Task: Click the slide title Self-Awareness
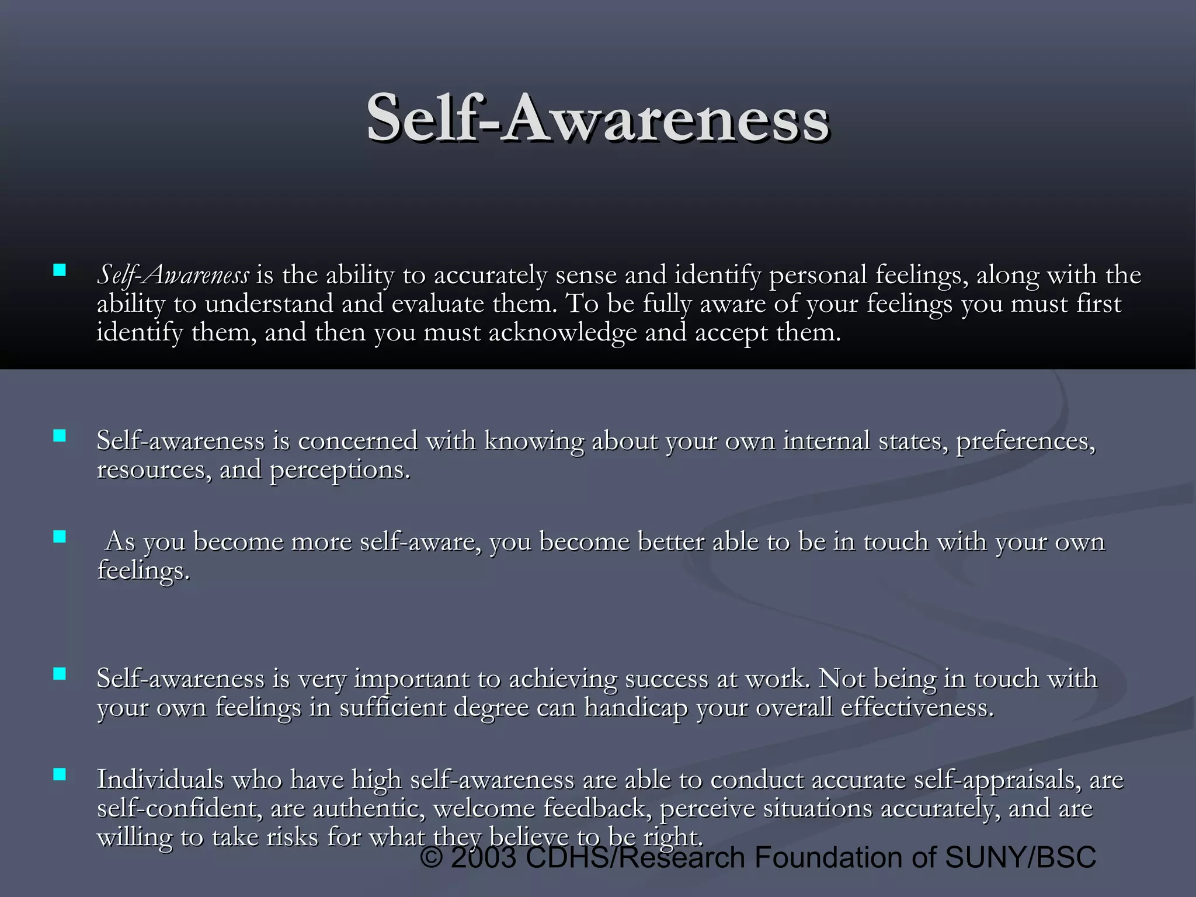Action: (x=597, y=119)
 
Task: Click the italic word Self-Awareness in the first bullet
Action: (x=173, y=275)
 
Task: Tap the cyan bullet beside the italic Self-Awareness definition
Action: (x=59, y=270)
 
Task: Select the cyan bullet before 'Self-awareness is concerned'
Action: (x=59, y=436)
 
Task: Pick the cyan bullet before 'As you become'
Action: (x=59, y=537)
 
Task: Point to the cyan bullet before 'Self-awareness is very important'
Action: (x=59, y=674)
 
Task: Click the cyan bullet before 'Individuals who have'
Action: (x=59, y=775)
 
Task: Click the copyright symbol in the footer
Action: (x=432, y=858)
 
